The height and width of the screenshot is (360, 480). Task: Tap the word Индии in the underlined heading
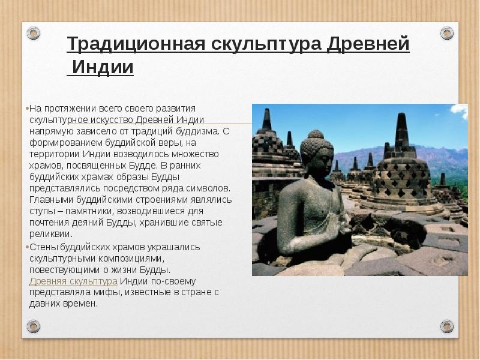[x=101, y=67]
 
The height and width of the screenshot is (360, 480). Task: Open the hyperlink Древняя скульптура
[x=73, y=281]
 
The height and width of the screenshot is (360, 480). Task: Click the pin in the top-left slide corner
[x=33, y=34]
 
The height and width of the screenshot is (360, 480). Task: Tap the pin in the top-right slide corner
[x=446, y=32]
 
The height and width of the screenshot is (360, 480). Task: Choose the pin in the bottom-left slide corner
[x=33, y=326]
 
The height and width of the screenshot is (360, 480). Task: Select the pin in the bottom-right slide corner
[x=446, y=326]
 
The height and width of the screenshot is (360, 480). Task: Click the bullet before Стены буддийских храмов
[x=28, y=247]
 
